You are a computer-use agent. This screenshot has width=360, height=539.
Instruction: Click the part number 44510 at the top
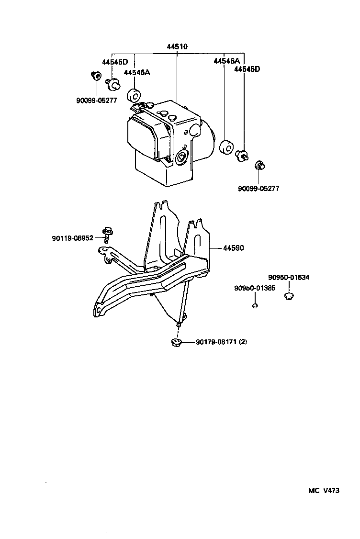tap(177, 47)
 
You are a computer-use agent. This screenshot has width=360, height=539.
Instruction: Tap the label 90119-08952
tap(73, 238)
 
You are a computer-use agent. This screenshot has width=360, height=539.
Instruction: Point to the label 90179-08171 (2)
tap(221, 342)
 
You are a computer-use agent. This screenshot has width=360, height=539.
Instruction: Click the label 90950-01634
tap(288, 277)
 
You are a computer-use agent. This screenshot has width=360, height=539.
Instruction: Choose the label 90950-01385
tap(255, 288)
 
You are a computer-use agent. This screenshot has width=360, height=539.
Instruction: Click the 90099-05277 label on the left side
tap(96, 101)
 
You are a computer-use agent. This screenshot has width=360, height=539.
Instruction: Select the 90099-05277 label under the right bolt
tap(259, 189)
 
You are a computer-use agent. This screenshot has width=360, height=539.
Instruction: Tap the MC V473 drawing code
tap(323, 491)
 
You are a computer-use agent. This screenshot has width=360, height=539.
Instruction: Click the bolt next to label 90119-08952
tap(106, 235)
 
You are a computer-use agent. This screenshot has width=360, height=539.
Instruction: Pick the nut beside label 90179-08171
tap(176, 342)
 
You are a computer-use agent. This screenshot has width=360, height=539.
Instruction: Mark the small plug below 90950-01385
tap(255, 305)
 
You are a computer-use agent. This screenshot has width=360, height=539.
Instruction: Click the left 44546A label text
tap(137, 72)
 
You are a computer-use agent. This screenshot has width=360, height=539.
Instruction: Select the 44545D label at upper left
tap(114, 62)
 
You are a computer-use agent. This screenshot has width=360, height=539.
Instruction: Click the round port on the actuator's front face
tap(181, 158)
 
